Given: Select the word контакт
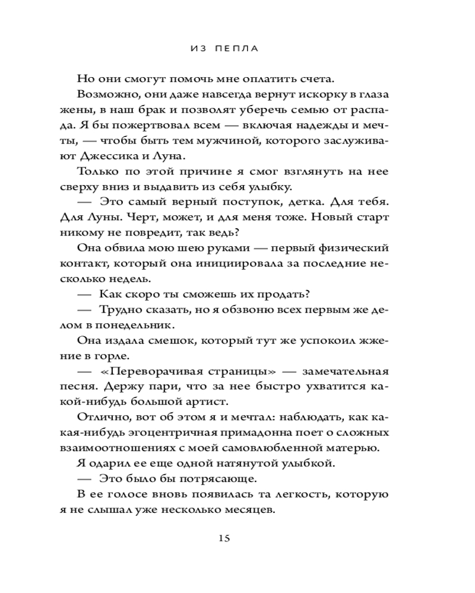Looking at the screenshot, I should pyautogui.click(x=97, y=263).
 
